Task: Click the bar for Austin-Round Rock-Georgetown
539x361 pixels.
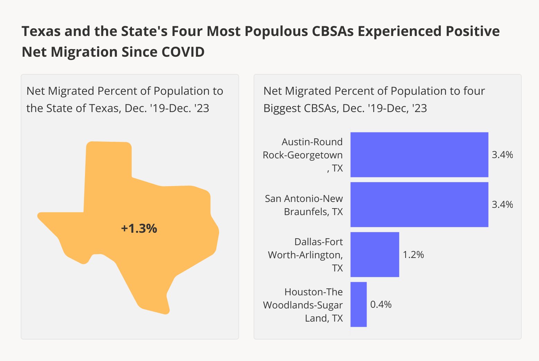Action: point(419,155)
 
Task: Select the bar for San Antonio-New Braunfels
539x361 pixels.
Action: point(419,204)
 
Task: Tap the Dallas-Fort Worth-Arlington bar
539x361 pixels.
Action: point(375,254)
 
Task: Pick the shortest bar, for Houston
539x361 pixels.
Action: point(358,304)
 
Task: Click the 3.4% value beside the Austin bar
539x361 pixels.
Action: point(502,155)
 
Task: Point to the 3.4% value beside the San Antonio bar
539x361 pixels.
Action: point(502,204)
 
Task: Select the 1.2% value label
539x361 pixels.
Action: point(413,254)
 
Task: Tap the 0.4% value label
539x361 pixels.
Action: point(381,304)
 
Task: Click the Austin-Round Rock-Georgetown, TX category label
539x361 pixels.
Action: point(303,155)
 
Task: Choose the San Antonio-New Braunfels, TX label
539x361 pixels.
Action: point(304,205)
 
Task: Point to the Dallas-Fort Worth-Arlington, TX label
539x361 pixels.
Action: point(305,254)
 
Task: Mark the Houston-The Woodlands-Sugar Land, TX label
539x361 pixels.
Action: point(303,305)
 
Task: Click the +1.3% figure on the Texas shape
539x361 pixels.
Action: point(139,228)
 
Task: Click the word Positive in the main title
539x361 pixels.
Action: point(472,31)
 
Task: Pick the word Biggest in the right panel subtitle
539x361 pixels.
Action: point(282,108)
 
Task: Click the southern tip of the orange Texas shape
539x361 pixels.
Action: point(162,309)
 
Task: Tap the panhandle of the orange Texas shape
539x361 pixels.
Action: point(108,163)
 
